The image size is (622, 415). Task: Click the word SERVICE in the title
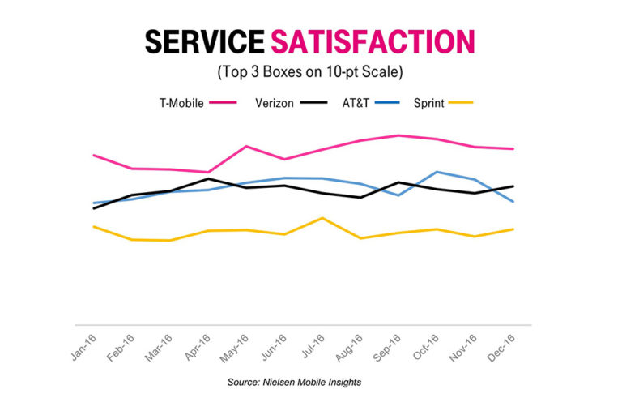[x=205, y=41]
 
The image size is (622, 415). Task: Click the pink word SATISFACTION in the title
[x=373, y=41]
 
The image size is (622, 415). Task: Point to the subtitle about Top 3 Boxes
[x=311, y=71]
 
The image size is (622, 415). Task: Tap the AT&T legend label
[x=361, y=103]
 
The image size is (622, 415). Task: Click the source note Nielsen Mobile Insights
[x=311, y=380]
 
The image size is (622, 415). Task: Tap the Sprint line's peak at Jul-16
[x=322, y=218]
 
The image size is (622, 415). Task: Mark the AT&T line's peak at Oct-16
[x=437, y=172]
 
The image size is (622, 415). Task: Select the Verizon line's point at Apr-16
[x=208, y=178]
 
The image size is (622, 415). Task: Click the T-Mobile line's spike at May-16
[x=246, y=146]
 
